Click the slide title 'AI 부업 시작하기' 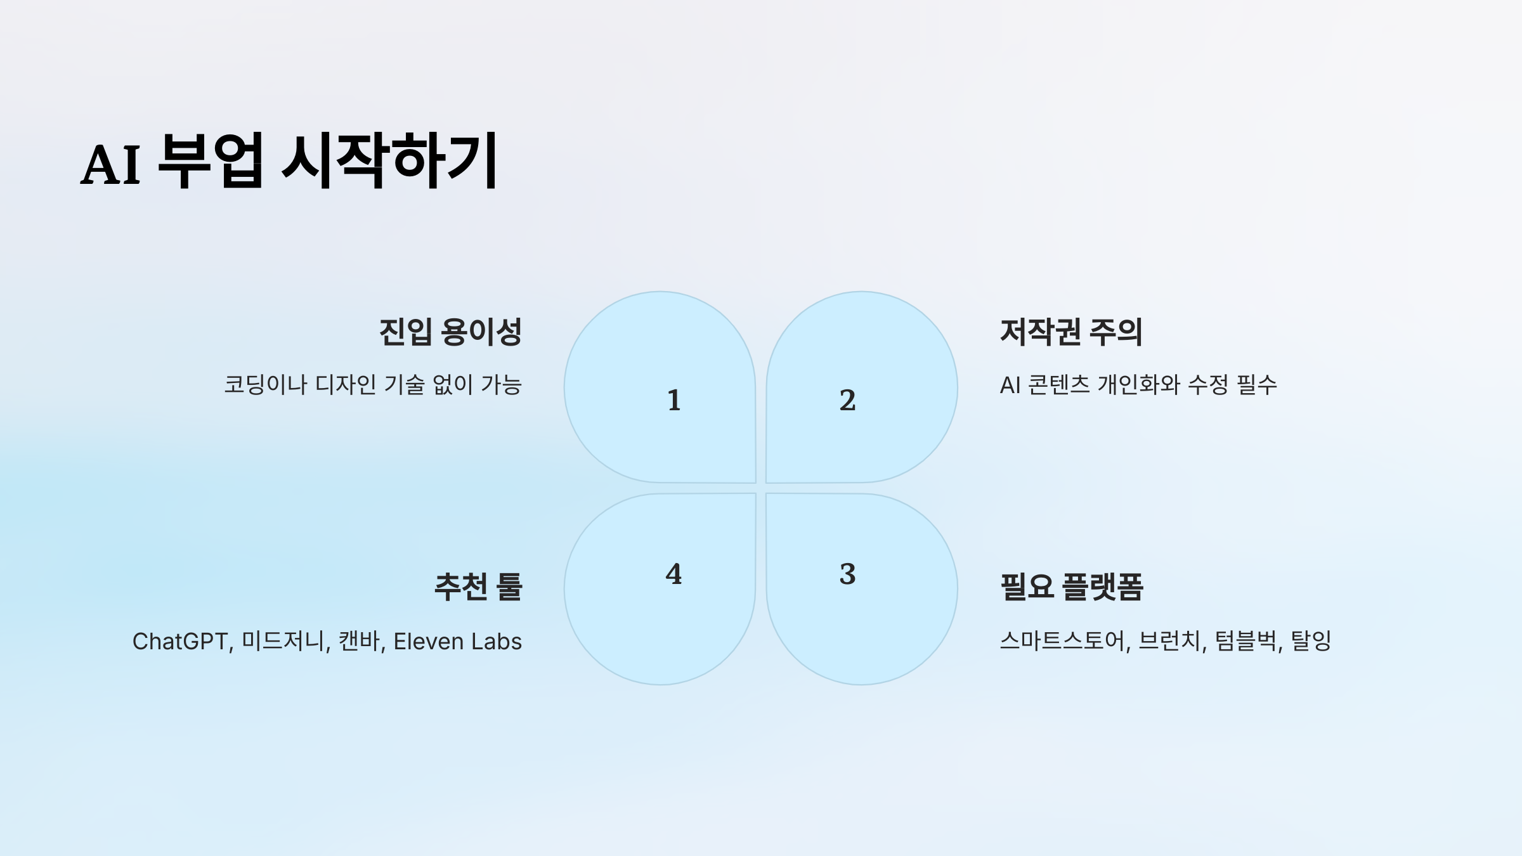click(x=289, y=161)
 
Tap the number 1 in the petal click(x=674, y=400)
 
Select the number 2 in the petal click(x=848, y=400)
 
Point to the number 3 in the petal click(x=848, y=574)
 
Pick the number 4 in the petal click(x=673, y=574)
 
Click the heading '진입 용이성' click(x=450, y=332)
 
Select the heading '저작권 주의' click(x=1071, y=332)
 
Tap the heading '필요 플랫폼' click(x=1072, y=587)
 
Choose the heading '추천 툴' click(x=478, y=587)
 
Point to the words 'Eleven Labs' click(x=458, y=642)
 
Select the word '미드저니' click(x=283, y=642)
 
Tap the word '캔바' click(x=360, y=642)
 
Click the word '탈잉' click(x=1311, y=641)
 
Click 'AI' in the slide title click(x=110, y=165)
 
